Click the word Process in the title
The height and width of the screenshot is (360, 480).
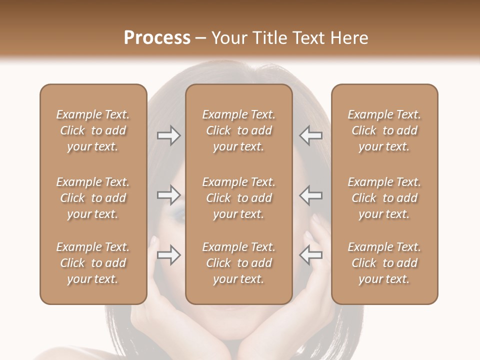tap(157, 38)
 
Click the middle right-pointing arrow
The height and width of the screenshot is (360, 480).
tap(168, 195)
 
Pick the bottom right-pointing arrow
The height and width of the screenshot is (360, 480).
tap(168, 255)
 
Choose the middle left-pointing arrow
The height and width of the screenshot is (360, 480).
tap(310, 195)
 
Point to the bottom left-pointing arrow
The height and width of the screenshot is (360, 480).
tap(310, 255)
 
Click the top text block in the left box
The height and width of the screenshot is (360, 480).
tap(93, 130)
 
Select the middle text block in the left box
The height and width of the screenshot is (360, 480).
tap(93, 198)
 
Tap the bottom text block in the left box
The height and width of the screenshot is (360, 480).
tap(93, 263)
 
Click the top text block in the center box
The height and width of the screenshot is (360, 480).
tap(238, 130)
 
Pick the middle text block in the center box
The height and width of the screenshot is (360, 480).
tap(238, 198)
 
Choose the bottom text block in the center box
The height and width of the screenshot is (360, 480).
tap(238, 263)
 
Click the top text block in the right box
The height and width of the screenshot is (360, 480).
tap(384, 130)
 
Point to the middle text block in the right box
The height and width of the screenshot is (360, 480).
tap(384, 198)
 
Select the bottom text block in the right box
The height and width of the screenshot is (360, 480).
tap(384, 263)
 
